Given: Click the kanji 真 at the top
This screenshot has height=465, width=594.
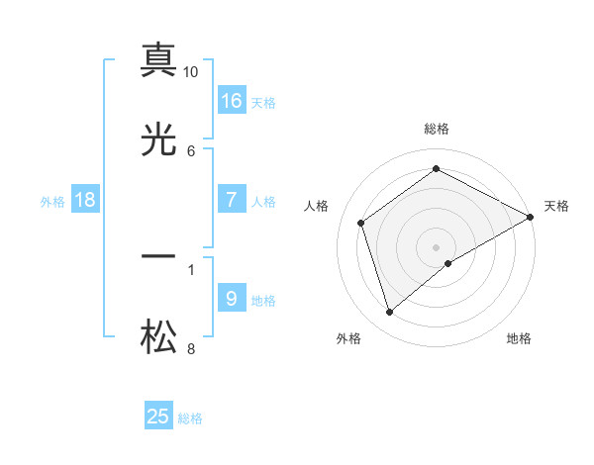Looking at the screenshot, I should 158,60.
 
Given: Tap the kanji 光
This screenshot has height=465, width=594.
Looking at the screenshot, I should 158,141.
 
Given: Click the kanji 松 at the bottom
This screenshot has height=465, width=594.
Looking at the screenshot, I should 158,339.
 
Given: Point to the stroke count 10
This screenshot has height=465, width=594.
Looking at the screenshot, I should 191,72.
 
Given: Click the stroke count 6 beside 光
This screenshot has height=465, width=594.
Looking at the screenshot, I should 191,150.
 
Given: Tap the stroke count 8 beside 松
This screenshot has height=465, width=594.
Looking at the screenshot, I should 191,348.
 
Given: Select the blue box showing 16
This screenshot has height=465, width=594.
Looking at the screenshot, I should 232,101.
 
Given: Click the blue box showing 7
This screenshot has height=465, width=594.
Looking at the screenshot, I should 232,200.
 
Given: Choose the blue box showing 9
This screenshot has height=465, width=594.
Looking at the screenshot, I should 232,299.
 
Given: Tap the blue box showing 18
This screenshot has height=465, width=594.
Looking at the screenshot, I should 85,200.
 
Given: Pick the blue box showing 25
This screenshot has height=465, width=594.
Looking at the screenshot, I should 158,417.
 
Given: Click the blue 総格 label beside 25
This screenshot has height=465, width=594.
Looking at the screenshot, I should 190,418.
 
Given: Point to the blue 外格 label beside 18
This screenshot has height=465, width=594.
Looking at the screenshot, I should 52,202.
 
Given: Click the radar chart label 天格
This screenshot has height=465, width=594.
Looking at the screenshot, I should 556,206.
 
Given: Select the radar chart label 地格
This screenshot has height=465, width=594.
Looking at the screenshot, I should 519,338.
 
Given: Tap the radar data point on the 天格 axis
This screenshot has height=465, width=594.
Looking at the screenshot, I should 532,217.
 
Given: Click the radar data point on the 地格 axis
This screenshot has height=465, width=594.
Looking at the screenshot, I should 448,263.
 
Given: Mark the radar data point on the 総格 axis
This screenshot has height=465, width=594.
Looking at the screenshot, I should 436,169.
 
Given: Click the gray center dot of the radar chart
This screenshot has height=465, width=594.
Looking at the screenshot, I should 436,246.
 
